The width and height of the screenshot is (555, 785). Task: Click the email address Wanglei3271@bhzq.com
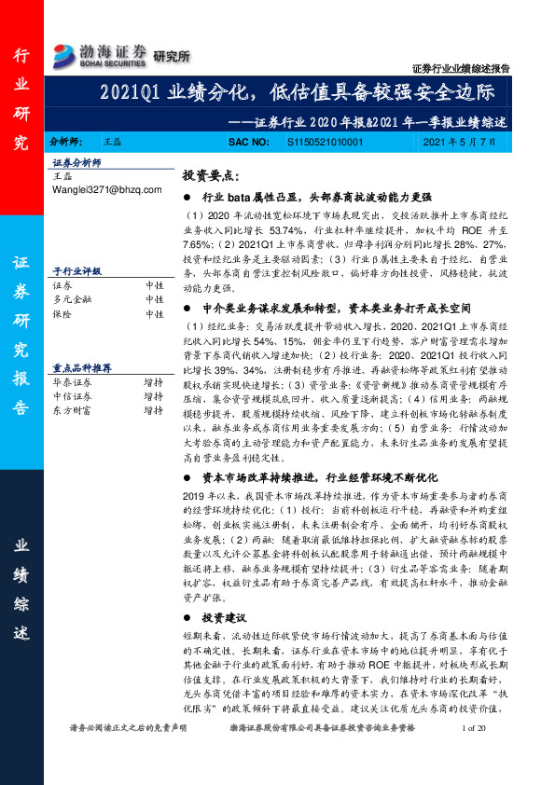(x=107, y=189)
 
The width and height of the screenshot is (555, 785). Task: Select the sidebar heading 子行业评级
(x=74, y=271)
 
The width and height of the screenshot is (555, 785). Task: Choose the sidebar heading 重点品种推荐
(x=82, y=367)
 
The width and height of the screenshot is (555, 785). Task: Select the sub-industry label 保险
(x=62, y=314)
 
